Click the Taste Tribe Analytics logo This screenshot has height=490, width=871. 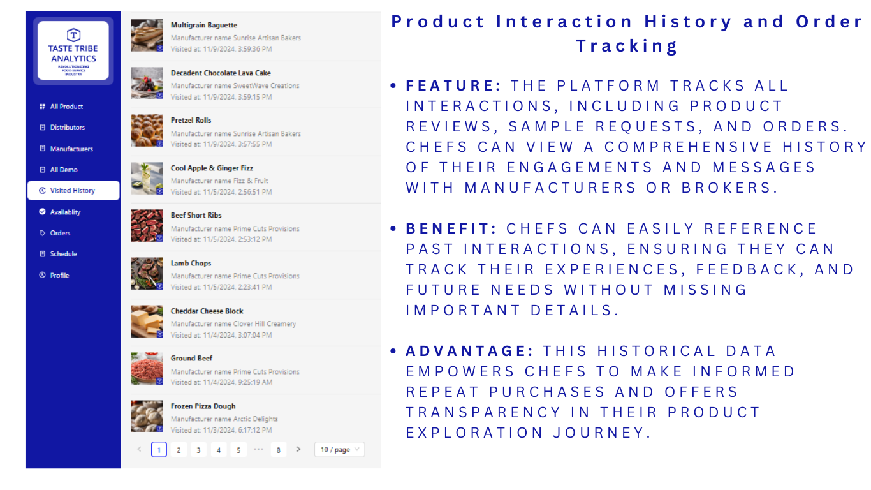[73, 50]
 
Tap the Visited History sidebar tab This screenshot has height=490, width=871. [73, 191]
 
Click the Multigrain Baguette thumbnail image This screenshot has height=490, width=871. [147, 36]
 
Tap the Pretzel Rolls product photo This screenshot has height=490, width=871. [147, 130]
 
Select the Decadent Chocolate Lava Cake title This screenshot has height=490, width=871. [221, 73]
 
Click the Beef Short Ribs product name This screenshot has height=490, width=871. [196, 216]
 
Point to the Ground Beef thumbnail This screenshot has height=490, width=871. [147, 369]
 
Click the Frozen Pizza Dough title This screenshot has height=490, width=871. [203, 406]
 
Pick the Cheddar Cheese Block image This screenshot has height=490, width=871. [147, 321]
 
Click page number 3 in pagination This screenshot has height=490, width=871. [198, 450]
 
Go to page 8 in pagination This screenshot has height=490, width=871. [279, 450]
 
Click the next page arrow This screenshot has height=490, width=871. [298, 450]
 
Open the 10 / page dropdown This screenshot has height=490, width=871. [339, 450]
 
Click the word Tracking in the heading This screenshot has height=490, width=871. [626, 46]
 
